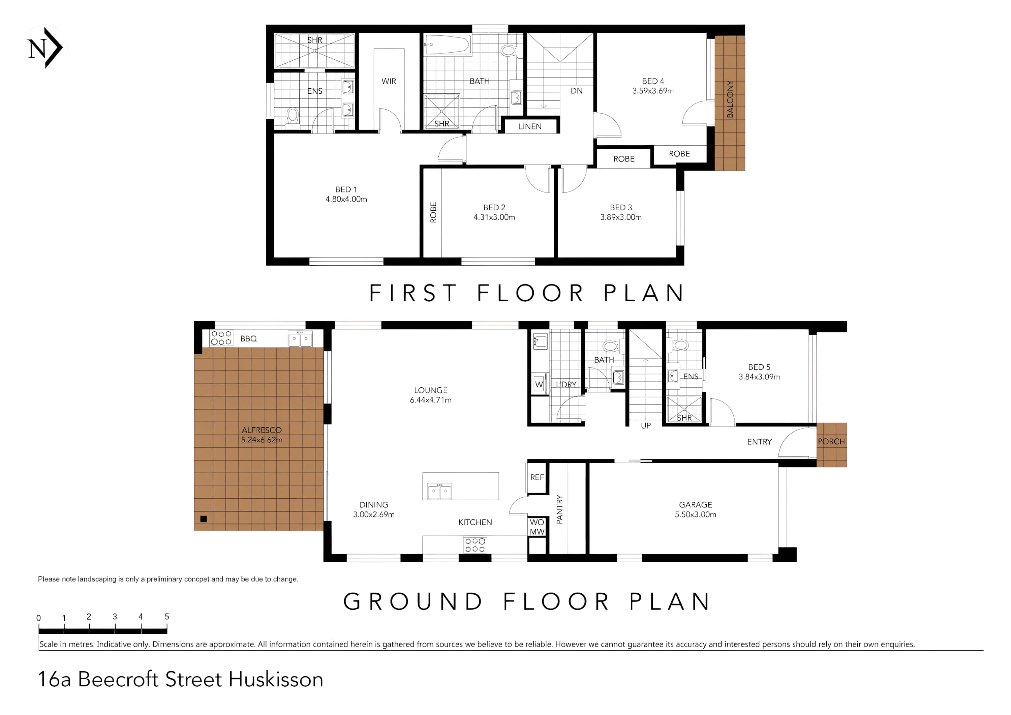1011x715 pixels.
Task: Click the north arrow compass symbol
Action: pyautogui.click(x=44, y=47)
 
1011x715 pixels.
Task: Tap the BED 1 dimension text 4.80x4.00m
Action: pyautogui.click(x=346, y=199)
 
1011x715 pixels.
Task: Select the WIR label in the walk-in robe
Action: pyautogui.click(x=389, y=81)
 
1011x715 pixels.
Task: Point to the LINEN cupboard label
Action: pyautogui.click(x=530, y=126)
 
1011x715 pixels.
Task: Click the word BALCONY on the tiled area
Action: pyautogui.click(x=730, y=99)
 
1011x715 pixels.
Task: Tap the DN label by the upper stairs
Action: pyautogui.click(x=576, y=91)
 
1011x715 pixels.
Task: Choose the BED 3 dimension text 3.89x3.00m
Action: pyautogui.click(x=621, y=217)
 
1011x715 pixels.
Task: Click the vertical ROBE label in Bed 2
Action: pyautogui.click(x=433, y=212)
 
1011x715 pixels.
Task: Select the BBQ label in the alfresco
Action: pyautogui.click(x=248, y=338)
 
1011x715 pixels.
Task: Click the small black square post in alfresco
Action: pyautogui.click(x=204, y=519)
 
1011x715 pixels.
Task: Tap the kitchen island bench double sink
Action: pyautogui.click(x=439, y=491)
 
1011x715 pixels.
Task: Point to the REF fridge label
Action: pyautogui.click(x=537, y=477)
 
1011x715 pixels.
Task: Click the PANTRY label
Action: pyautogui.click(x=560, y=509)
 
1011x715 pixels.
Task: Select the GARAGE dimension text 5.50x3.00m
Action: pyautogui.click(x=695, y=514)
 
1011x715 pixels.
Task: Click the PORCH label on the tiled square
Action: pyautogui.click(x=831, y=441)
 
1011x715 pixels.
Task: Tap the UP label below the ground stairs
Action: pyautogui.click(x=646, y=425)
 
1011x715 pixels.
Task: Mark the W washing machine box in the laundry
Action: pyautogui.click(x=539, y=384)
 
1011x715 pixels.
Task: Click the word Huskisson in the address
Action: pyautogui.click(x=276, y=679)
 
